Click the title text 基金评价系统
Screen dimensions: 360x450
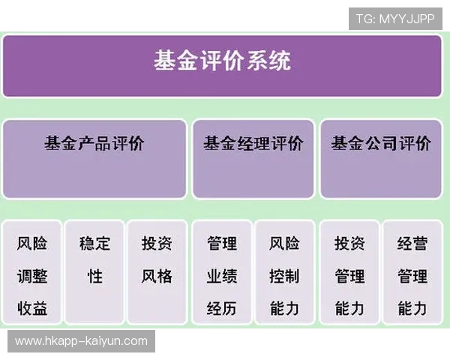tap(223, 61)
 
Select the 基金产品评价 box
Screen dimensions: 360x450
tap(94, 159)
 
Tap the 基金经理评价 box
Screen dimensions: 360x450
tap(253, 159)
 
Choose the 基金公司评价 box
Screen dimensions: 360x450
tap(381, 159)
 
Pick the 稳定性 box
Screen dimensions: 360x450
tap(94, 271)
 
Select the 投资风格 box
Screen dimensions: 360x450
tap(157, 271)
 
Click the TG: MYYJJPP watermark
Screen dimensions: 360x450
tap(395, 19)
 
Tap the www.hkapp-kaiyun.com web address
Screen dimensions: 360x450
tap(81, 341)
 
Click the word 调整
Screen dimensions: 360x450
tap(32, 276)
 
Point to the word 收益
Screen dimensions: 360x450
tap(32, 308)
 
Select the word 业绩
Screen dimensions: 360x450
tap(222, 276)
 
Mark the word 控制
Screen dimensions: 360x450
tap(284, 276)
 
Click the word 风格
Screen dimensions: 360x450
tap(157, 276)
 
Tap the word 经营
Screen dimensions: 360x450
tap(412, 244)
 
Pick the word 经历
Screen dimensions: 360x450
tap(222, 308)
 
